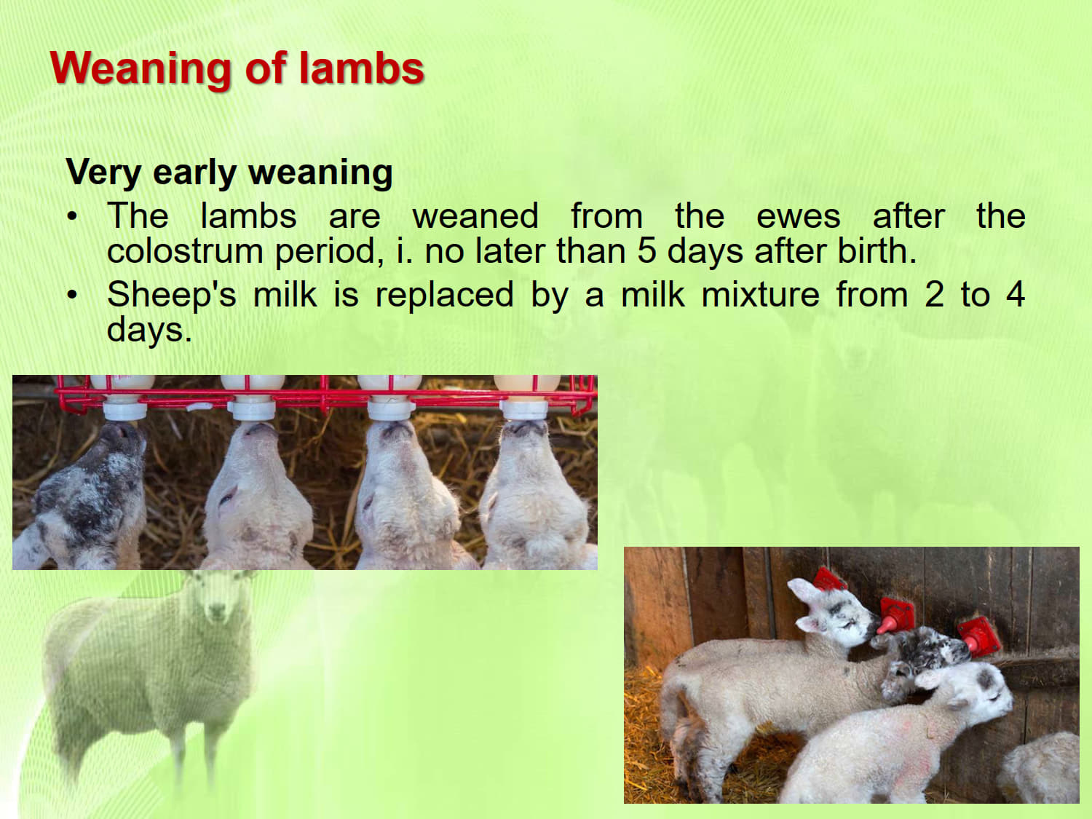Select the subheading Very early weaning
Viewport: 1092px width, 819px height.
pos(229,173)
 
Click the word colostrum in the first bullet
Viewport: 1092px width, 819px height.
pos(185,251)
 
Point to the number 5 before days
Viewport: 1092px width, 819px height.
pos(646,250)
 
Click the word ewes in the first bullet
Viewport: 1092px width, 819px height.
pos(799,217)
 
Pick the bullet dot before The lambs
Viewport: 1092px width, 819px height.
pos(73,217)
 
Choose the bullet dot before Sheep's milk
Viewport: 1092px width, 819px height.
pos(73,296)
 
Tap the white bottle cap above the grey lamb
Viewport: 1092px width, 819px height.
pos(124,411)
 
